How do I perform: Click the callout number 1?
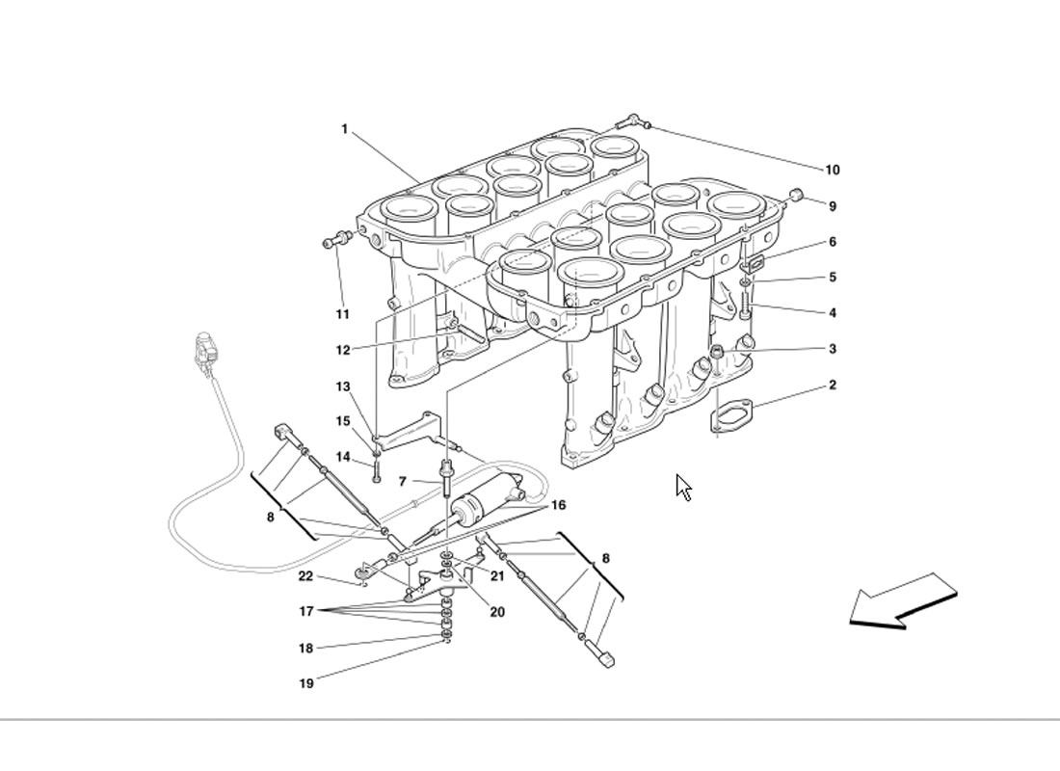tap(344, 128)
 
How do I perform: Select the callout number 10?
tap(833, 171)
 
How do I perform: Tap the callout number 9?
tap(833, 206)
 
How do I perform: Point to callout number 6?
tap(833, 242)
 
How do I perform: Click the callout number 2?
tap(833, 385)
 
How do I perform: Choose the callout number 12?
tap(343, 350)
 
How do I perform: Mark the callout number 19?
tap(306, 683)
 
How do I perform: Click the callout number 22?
tap(306, 576)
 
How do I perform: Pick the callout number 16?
tap(558, 505)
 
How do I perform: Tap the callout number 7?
tap(402, 482)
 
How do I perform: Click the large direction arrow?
tap(903, 601)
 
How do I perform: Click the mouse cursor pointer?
tap(684, 488)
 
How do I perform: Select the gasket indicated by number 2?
tap(731, 414)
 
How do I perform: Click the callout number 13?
tap(343, 386)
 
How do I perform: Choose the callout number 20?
tap(497, 612)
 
